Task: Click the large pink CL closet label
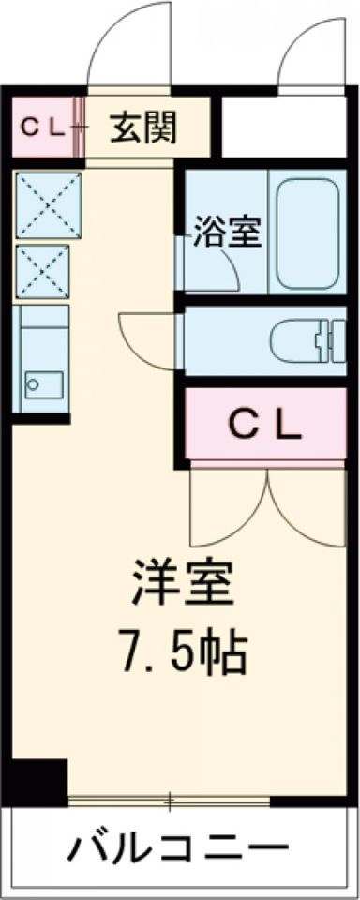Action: click(266, 427)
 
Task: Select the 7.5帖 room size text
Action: click(182, 653)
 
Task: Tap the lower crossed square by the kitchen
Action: click(43, 269)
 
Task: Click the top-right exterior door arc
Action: click(308, 52)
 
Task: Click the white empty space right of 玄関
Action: click(280, 127)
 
